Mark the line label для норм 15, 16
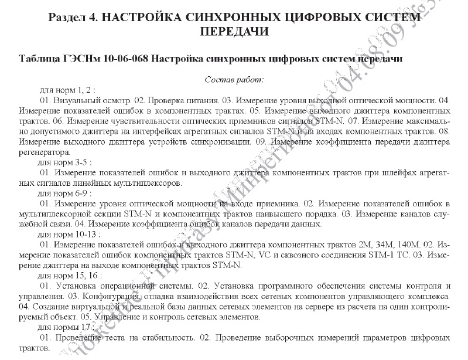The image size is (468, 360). click(70, 274)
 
